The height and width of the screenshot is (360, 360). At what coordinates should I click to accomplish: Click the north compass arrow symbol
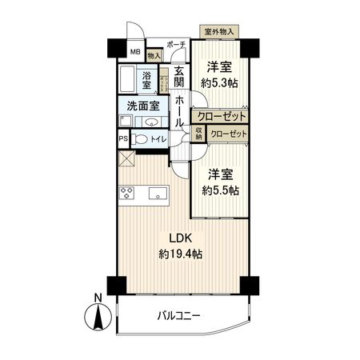click(98, 318)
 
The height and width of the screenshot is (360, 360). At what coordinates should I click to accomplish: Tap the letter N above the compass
click(98, 298)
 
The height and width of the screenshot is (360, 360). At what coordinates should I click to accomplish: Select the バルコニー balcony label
click(178, 316)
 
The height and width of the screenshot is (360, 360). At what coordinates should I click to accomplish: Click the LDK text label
click(179, 237)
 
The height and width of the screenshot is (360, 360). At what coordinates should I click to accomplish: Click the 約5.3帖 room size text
click(219, 82)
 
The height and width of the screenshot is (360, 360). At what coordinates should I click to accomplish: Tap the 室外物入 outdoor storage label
click(218, 32)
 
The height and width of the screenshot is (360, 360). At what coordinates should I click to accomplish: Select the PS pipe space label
click(123, 138)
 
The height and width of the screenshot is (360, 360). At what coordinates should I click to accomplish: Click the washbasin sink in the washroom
click(150, 122)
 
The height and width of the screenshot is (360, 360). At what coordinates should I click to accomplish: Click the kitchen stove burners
click(126, 193)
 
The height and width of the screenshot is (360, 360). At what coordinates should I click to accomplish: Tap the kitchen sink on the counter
click(156, 193)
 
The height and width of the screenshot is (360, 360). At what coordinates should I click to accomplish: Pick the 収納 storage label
click(198, 132)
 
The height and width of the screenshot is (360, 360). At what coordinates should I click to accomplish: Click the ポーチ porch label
click(177, 45)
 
